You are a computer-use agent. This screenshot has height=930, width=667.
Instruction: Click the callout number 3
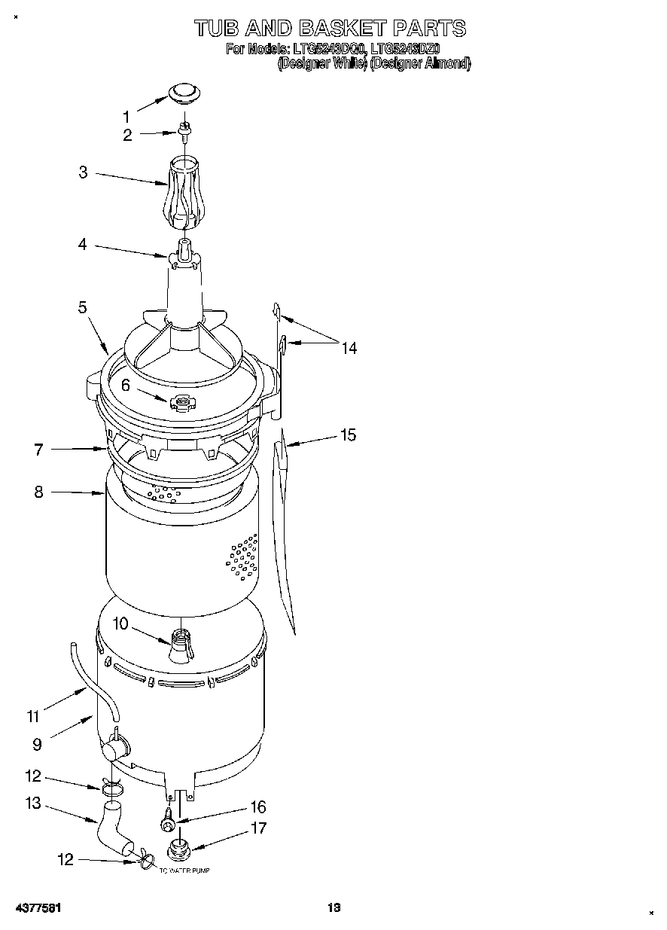pyautogui.click(x=83, y=172)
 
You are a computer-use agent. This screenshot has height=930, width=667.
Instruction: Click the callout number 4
pyautogui.click(x=83, y=244)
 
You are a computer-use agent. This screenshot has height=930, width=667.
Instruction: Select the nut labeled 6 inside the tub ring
pyautogui.click(x=181, y=403)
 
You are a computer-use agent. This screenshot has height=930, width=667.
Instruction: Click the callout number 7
pyautogui.click(x=38, y=450)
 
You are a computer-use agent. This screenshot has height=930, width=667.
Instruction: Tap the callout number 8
pyautogui.click(x=38, y=492)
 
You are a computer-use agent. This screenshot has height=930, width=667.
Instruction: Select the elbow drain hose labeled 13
pyautogui.click(x=113, y=828)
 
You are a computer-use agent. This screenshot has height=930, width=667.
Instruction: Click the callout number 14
pyautogui.click(x=349, y=348)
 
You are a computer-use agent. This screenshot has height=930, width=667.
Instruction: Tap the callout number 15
pyautogui.click(x=347, y=435)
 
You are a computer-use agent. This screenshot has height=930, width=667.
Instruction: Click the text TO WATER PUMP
pyautogui.click(x=184, y=871)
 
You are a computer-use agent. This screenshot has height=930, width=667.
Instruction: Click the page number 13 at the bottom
pyautogui.click(x=333, y=907)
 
